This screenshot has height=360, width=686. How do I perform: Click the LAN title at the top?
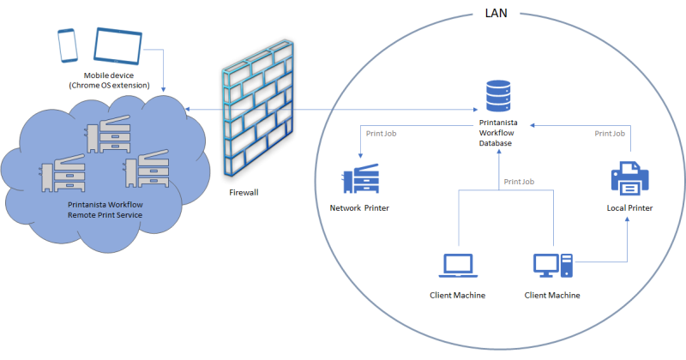(x=498, y=15)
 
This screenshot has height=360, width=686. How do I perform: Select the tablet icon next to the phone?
(x=117, y=46)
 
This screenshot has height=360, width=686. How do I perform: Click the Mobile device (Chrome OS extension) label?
(x=110, y=80)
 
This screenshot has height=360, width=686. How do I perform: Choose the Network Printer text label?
(x=359, y=208)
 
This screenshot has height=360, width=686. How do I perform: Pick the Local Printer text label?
(x=629, y=208)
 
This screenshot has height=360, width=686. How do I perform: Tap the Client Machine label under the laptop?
(x=457, y=296)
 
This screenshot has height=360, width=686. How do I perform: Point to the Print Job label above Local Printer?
(x=609, y=134)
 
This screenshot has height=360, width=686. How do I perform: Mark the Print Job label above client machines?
(x=520, y=182)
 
